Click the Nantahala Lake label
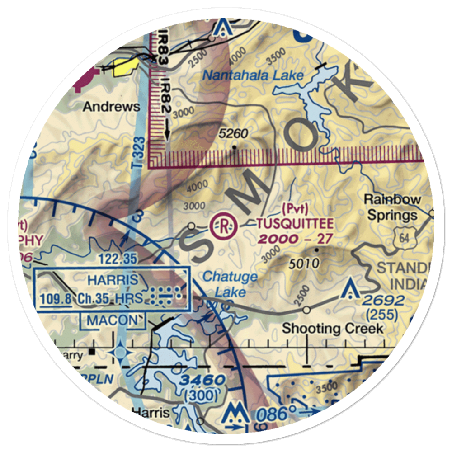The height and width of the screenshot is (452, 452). coord(253,75)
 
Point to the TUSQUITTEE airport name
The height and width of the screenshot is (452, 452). coord(295,223)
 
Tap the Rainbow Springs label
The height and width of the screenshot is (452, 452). coord(393,207)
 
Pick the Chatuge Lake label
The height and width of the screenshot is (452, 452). coord(230,284)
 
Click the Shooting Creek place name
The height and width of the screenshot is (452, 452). coord(333,329)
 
